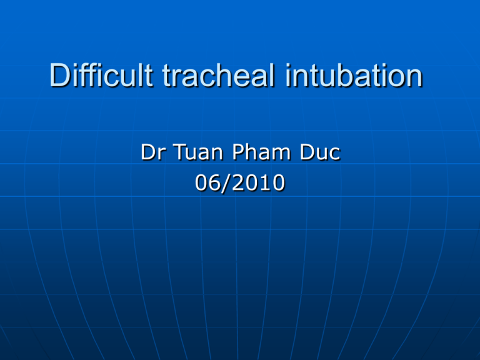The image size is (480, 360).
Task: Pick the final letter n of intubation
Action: (x=413, y=79)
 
